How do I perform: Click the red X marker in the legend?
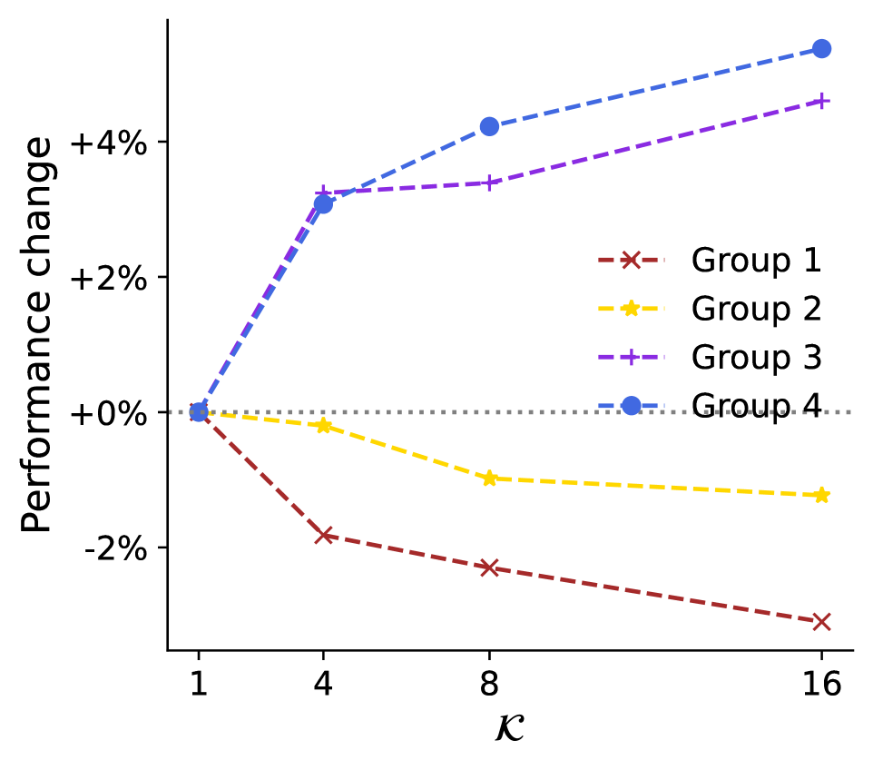click(x=631, y=260)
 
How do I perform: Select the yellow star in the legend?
click(x=631, y=309)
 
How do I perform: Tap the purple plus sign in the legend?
click(x=631, y=357)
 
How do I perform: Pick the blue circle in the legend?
click(x=631, y=406)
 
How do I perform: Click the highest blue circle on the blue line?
click(x=821, y=49)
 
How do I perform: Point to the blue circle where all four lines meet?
click(x=199, y=412)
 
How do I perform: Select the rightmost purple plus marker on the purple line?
click(x=821, y=101)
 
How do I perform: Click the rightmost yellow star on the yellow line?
click(x=821, y=495)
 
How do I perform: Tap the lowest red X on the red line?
click(x=821, y=622)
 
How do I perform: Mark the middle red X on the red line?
click(x=489, y=568)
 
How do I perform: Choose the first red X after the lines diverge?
click(x=323, y=536)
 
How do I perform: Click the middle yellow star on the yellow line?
click(x=489, y=479)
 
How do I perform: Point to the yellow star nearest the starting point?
click(x=323, y=426)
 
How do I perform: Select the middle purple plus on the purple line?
click(x=489, y=183)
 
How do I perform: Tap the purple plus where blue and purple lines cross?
click(x=322, y=192)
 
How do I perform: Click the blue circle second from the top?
click(x=489, y=126)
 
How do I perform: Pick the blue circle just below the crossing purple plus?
click(x=323, y=204)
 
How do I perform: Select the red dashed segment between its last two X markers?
click(x=653, y=595)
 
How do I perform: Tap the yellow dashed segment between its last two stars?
click(x=653, y=487)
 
